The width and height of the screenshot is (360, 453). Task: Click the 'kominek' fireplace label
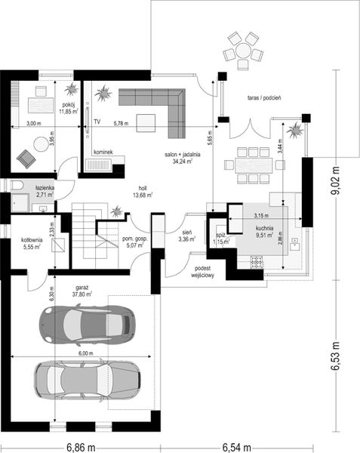103,152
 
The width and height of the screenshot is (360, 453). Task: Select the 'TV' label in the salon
97,121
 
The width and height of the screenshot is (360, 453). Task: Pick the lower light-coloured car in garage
86,377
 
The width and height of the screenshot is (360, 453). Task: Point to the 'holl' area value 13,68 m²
141,195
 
